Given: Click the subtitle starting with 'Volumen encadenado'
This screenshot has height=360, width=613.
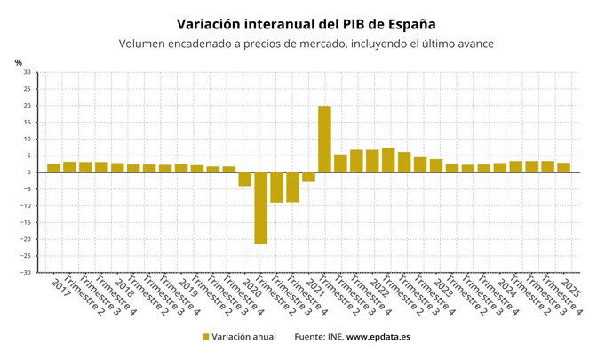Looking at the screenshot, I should tap(306, 44).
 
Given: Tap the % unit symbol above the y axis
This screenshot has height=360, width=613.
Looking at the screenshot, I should tap(18, 62).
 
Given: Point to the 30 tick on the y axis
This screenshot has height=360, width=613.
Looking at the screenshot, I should tap(27, 72).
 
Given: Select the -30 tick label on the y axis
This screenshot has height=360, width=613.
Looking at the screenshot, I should tap(26, 273).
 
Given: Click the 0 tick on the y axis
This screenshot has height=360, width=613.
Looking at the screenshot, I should tap(28, 172).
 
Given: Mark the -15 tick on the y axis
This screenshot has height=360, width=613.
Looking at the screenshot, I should tap(26, 222).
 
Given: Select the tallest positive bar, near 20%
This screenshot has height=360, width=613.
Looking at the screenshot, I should tap(324, 139).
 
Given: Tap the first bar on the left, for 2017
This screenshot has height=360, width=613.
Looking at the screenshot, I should tap(53, 168).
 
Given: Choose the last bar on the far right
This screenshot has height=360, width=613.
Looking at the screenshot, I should tap(564, 167).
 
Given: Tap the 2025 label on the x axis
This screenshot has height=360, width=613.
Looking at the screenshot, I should tap(571, 287).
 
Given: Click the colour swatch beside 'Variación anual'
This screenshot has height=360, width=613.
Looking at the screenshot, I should tap(206, 337).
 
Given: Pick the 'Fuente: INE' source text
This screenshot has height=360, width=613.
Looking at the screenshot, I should tap(318, 337).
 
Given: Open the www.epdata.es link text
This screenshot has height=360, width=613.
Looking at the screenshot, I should tap(378, 337).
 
